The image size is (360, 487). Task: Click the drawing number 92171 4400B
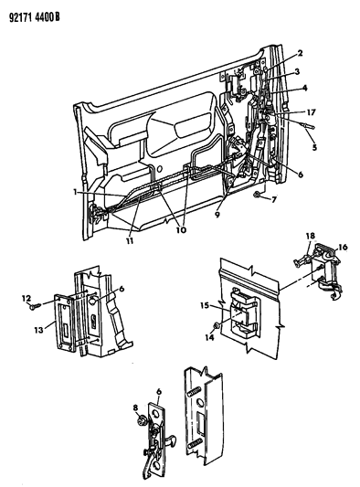[x=35, y=17]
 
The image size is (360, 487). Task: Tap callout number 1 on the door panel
[x=76, y=192]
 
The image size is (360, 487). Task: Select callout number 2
[x=300, y=53]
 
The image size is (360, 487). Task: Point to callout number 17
[x=311, y=112]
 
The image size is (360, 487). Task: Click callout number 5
[x=314, y=147]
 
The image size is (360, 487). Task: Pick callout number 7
[x=273, y=199]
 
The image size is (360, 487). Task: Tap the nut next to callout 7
[x=257, y=195]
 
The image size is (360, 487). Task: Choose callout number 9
[x=217, y=214]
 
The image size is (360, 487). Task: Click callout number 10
[x=182, y=230]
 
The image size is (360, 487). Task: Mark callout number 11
[x=130, y=240]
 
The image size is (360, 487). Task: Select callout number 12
[x=26, y=299]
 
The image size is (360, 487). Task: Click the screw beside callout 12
[x=36, y=307]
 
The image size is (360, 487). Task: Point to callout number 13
[x=38, y=330]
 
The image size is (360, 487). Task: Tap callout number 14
[x=210, y=337]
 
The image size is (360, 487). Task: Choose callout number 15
[x=205, y=305]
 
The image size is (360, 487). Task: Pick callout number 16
[x=343, y=248]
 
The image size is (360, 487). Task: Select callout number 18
[x=310, y=236]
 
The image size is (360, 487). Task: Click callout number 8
[x=136, y=408]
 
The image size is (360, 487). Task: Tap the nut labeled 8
[x=141, y=420]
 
